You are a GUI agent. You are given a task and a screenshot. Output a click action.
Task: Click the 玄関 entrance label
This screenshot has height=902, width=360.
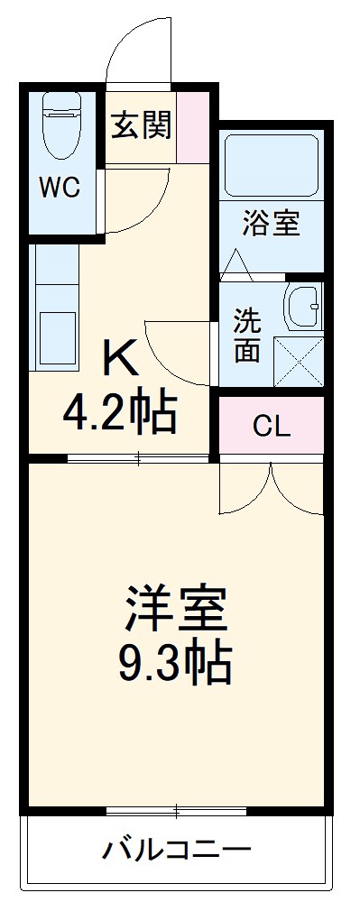coord(142,126)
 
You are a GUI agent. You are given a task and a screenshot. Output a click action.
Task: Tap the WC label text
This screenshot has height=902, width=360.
coord(60,189)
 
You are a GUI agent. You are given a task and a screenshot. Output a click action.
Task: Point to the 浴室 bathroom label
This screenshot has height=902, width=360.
coord(270,224)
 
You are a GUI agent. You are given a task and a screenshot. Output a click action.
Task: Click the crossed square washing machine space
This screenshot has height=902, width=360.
coord(299,361)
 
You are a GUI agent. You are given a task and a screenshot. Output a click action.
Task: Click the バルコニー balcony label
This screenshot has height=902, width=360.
coord(176,849)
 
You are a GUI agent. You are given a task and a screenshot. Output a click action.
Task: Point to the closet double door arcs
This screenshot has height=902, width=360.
coord(271,487)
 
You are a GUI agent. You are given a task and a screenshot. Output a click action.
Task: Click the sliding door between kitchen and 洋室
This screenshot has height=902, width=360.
coord(140,459)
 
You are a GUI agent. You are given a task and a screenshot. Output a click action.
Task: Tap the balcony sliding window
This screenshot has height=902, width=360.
coord(176,809)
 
